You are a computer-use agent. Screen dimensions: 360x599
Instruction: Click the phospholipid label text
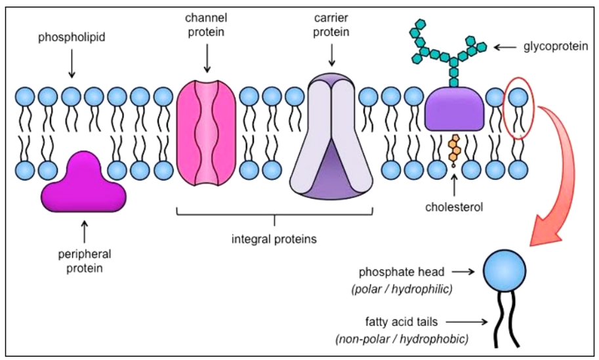click(72, 37)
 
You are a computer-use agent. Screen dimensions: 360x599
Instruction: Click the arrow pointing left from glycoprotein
click(505, 47)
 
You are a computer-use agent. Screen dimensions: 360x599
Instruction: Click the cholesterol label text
click(454, 207)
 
